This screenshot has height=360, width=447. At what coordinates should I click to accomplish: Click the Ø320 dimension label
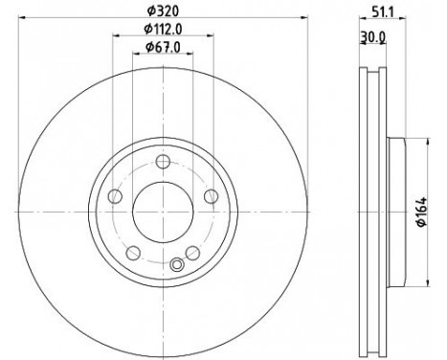coord(163,11)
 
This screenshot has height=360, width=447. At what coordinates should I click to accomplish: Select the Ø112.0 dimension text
coord(163,30)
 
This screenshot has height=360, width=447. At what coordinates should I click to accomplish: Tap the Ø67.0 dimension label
coord(163,48)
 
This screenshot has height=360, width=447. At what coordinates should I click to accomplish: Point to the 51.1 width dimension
coord(383,12)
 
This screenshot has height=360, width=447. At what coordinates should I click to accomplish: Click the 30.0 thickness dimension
coord(373,38)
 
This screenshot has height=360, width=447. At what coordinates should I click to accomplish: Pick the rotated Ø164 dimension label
coord(422,212)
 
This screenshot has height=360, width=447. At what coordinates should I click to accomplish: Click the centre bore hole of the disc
coord(163,212)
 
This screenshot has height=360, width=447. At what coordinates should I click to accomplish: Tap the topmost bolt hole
coord(163,162)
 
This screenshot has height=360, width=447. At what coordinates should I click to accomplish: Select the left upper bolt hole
coord(115,196)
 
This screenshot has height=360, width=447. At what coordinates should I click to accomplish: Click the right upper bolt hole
coord(211,196)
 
